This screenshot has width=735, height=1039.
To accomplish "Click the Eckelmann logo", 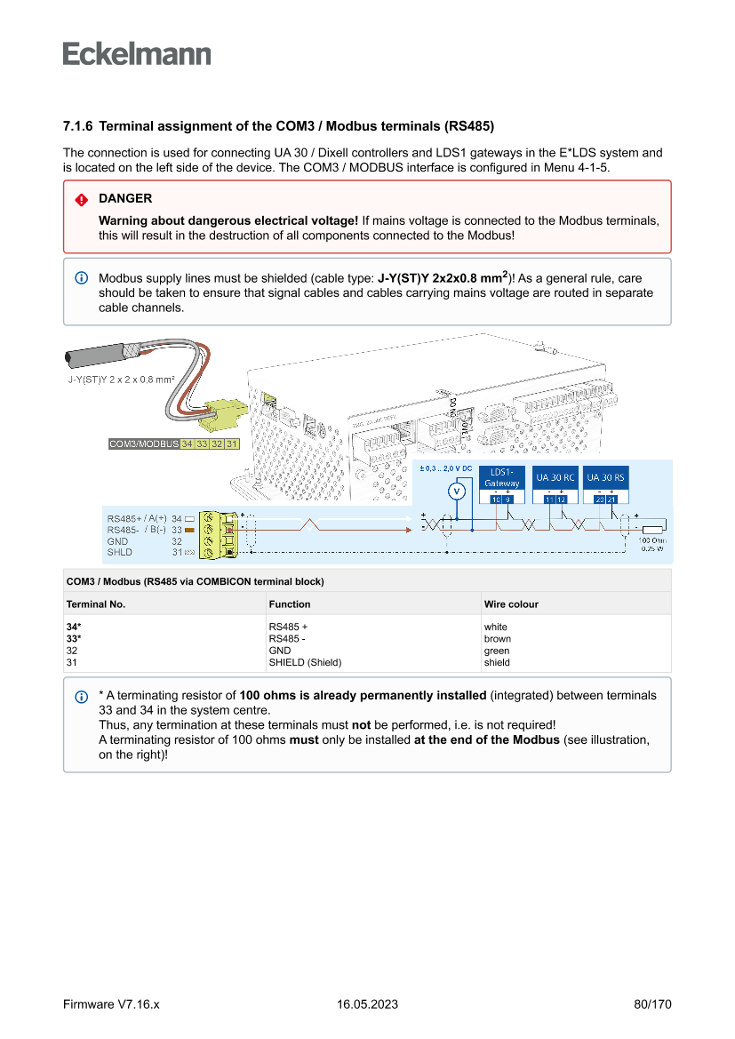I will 137,54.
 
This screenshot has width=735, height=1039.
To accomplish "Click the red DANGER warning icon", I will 81,199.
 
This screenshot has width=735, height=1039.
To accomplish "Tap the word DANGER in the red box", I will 125,198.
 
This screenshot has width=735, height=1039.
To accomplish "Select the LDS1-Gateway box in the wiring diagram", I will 502,477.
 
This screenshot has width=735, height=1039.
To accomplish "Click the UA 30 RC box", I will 555,477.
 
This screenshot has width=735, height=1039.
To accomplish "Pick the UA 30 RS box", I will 606,477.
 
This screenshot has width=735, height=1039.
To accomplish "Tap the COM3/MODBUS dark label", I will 143,444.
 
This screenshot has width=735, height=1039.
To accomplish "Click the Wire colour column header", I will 511,603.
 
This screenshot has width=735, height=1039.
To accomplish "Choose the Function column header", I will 290,603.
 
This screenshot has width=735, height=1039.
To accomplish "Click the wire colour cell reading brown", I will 497,638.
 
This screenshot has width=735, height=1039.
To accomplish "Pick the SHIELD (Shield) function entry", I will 305,662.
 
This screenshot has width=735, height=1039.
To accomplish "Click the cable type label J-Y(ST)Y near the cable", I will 121,380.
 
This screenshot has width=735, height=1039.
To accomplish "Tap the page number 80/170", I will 652,1004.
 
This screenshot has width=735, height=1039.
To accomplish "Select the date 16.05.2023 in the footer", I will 367,1004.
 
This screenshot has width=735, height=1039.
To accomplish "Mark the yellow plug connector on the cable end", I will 224,412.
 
